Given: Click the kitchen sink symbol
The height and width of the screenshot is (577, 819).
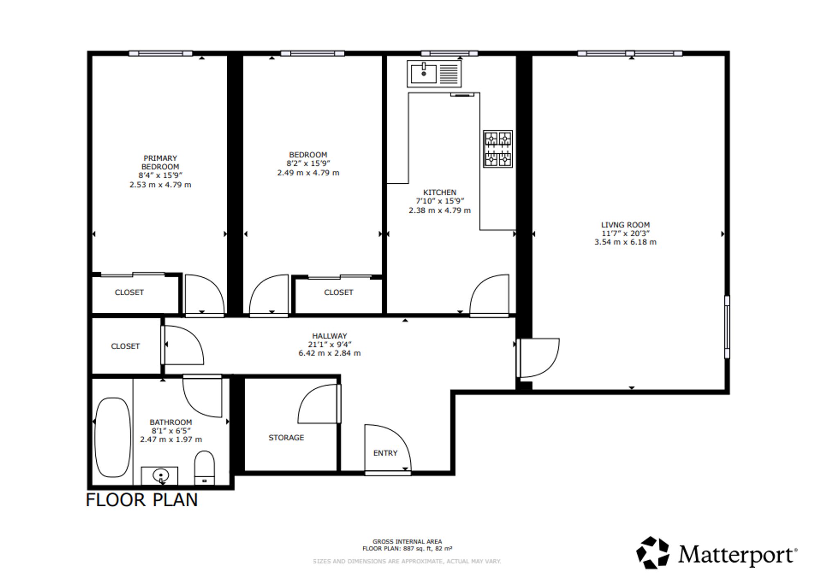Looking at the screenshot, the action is [434, 74].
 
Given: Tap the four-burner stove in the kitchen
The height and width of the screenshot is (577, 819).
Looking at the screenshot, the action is [498, 149].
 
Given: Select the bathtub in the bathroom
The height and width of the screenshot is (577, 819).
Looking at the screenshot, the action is [112, 438].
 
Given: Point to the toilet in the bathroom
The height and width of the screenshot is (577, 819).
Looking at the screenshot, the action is [204, 468].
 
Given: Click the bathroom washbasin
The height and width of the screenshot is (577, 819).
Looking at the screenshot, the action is [160, 476].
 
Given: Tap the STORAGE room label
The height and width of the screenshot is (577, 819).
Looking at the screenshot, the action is [286, 438].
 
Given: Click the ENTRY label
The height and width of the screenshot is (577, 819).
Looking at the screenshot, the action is [385, 453].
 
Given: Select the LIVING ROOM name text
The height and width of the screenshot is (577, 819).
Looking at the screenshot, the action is [625, 225].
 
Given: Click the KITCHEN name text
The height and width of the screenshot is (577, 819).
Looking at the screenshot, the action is [440, 192].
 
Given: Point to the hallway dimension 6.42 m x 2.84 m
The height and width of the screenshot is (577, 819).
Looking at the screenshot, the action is [330, 353].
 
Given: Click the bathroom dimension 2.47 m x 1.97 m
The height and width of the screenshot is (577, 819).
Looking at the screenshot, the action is [171, 440].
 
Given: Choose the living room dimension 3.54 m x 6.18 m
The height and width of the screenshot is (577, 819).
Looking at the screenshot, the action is [625, 242].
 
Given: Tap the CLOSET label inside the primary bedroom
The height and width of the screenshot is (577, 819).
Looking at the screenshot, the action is [129, 292].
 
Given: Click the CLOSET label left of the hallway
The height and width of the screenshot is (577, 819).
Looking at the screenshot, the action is [125, 346].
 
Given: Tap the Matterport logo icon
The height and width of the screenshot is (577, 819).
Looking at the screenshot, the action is [653, 552].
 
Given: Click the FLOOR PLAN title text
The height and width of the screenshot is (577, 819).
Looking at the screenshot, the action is [142, 500].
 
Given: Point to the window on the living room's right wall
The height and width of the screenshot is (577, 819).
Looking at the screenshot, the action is [727, 327].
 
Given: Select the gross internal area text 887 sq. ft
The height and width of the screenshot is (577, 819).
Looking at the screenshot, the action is [422, 549].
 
